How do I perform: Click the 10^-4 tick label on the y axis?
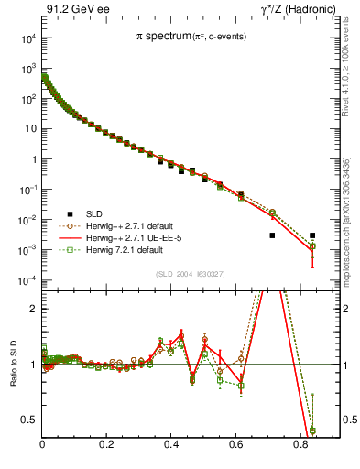pyautogui.click(x=27, y=280)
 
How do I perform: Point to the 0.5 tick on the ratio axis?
pyautogui.click(x=30, y=420)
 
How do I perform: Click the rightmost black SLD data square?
pyautogui.click(x=312, y=235)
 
